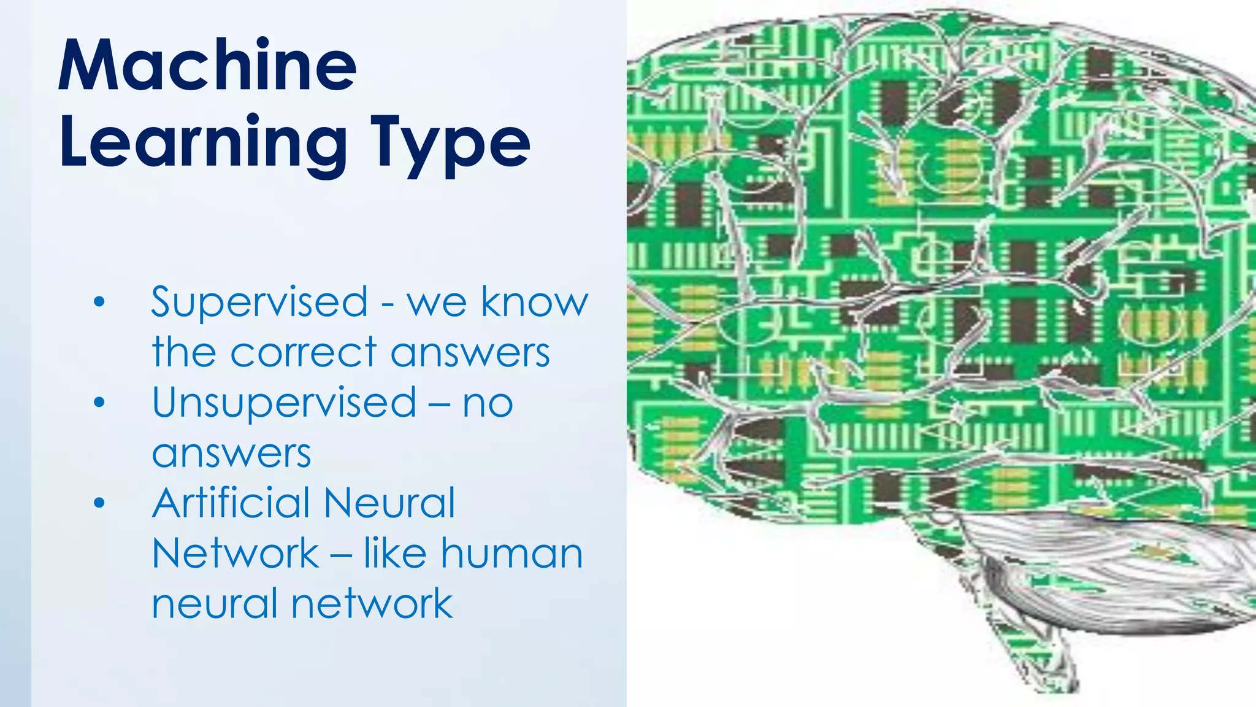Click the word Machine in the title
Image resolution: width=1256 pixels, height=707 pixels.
point(207,65)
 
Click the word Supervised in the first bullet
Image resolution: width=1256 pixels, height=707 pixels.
point(259,302)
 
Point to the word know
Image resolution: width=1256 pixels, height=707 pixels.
point(534,302)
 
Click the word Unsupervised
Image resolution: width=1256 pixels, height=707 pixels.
point(284,403)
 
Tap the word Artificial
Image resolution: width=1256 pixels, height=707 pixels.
point(231,503)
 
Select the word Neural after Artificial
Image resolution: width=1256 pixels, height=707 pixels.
point(389,503)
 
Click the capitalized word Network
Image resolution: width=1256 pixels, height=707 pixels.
point(235,553)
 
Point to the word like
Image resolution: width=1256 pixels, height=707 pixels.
point(395,553)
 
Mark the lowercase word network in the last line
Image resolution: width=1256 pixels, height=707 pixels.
point(372,603)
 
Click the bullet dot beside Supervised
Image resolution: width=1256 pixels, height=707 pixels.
point(100,302)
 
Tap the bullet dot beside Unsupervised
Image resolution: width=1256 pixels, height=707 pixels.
point(100,403)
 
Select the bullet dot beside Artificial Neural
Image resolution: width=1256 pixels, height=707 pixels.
point(100,503)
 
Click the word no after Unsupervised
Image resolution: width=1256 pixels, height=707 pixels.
point(488,403)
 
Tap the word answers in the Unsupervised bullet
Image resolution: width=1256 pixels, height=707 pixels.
point(231,454)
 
